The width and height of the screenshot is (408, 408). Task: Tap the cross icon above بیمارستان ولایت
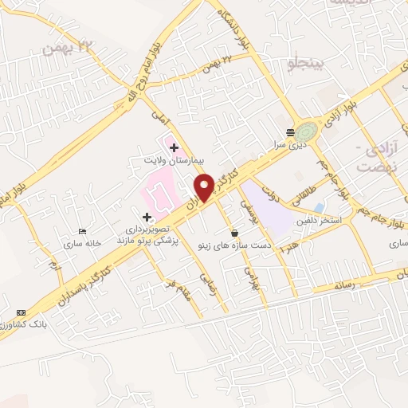(x=174, y=147)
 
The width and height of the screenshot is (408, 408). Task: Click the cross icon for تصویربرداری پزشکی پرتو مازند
(x=147, y=216)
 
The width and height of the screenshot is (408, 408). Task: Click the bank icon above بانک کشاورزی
(x=21, y=312)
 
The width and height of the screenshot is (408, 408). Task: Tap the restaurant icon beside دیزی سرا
(x=290, y=133)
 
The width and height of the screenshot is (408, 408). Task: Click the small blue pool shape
(x=320, y=208)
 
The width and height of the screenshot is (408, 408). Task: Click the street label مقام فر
(x=177, y=288)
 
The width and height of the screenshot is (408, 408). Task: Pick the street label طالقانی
(x=304, y=194)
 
